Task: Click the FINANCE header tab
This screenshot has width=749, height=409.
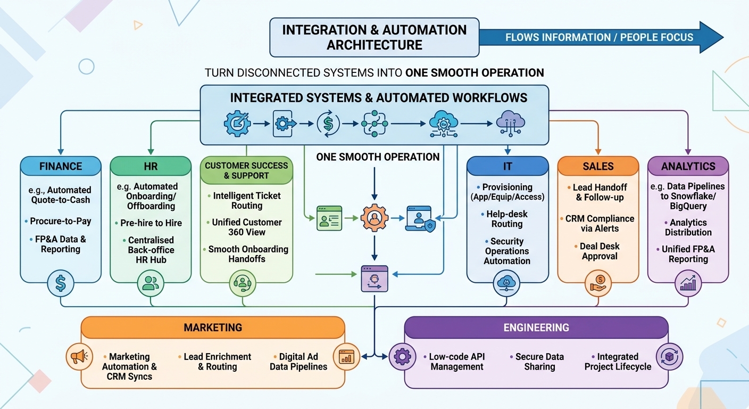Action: coord(61,166)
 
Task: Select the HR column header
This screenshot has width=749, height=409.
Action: coord(151,166)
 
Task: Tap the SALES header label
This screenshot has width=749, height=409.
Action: coord(598,166)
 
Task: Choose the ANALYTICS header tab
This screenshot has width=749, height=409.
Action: coord(688,166)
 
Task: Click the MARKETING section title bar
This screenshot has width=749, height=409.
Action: coord(213,328)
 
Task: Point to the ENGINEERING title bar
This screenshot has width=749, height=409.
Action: coord(536,328)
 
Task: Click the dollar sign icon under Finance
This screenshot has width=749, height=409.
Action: coord(61,283)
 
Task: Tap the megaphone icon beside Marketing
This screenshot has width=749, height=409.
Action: coord(79,356)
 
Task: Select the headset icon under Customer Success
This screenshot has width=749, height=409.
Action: coord(243,283)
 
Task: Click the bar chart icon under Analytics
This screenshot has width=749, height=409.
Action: coord(688,283)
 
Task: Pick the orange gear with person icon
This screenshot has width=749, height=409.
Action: coord(374,218)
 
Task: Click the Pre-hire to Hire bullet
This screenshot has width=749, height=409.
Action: coord(148,223)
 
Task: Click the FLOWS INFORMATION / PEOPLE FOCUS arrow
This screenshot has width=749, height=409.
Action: coord(602,37)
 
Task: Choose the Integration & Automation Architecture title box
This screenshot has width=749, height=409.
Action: coord(374,37)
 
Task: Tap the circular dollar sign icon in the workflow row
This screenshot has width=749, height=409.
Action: coord(328,124)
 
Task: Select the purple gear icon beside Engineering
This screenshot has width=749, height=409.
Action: coord(402,356)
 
